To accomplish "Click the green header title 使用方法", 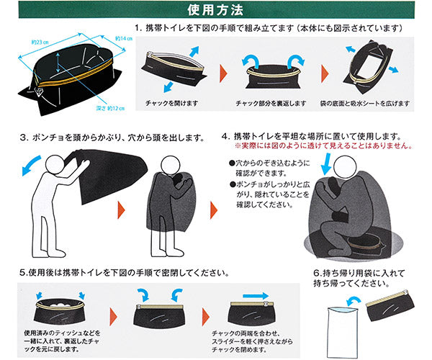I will point(215,9).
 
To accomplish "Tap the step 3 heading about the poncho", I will point(115,136).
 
